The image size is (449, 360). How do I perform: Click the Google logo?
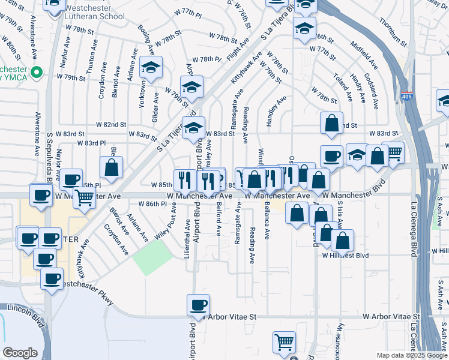[20, 353]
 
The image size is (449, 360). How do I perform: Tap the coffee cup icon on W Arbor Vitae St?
[198, 305]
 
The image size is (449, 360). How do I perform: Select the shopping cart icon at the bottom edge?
[285, 342]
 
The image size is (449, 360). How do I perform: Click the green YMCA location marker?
[36, 73]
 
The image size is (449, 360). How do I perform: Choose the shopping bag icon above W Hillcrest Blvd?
[342, 241]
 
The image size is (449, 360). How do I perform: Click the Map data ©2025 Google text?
[411, 355]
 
